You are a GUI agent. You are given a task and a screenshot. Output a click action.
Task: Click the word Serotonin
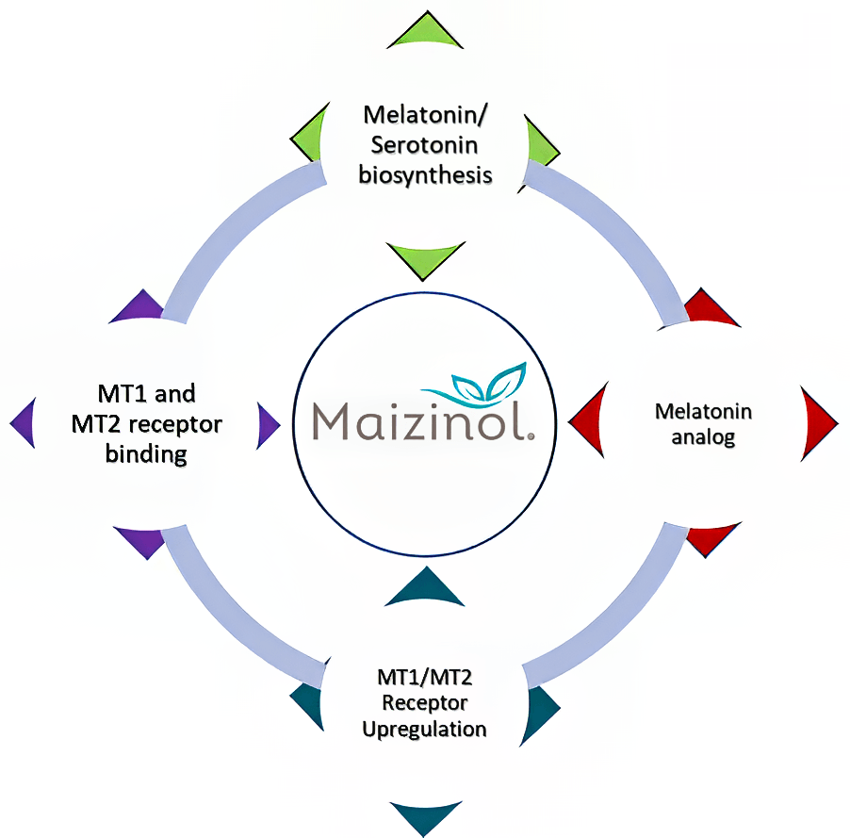(426, 146)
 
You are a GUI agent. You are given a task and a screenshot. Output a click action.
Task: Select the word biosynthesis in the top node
(426, 175)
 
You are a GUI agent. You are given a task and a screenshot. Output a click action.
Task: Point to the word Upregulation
(432, 729)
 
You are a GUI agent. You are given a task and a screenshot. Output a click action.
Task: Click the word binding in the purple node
(146, 454)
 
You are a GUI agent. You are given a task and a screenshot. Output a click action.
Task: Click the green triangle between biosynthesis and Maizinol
(425, 257)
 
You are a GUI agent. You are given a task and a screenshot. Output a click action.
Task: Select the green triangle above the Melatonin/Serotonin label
(426, 33)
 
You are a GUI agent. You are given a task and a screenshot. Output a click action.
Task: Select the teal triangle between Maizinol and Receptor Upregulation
(425, 588)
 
